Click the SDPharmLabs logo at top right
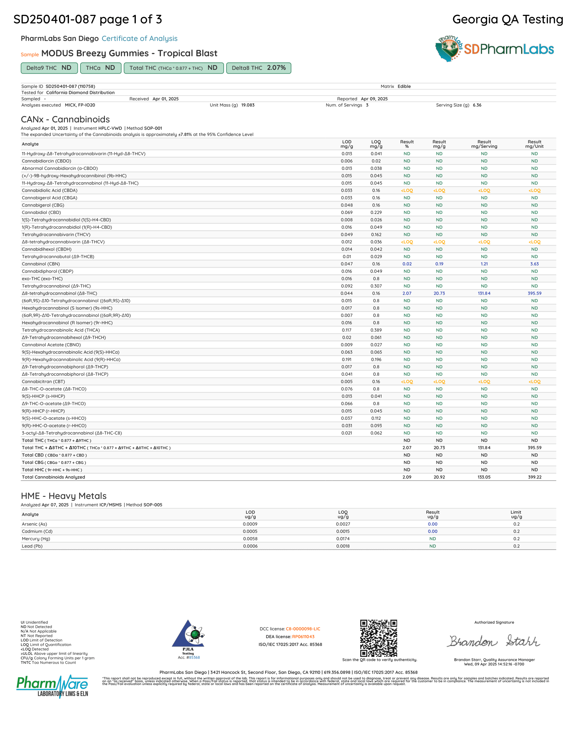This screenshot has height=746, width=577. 494,49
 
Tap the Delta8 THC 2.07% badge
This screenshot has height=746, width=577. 258,68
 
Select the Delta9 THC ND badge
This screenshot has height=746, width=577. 49,68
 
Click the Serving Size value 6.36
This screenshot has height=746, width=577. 477,105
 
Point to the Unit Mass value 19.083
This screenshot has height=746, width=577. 248,105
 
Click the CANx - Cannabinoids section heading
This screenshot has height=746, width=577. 65,119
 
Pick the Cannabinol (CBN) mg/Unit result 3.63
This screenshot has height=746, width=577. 534,264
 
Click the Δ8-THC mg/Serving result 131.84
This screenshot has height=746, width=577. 484,293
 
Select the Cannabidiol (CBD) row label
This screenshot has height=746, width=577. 41,213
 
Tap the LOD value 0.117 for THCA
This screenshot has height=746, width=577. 347,330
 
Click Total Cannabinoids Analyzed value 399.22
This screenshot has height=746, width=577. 534,477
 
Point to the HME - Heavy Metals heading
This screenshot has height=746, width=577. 63,496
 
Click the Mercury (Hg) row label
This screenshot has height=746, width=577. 36,539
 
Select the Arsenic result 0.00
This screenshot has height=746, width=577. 432,524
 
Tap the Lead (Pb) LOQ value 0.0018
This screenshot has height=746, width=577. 343,546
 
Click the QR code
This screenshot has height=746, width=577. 378,638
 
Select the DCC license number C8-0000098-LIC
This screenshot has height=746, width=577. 303,629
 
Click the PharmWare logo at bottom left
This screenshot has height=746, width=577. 52,686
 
